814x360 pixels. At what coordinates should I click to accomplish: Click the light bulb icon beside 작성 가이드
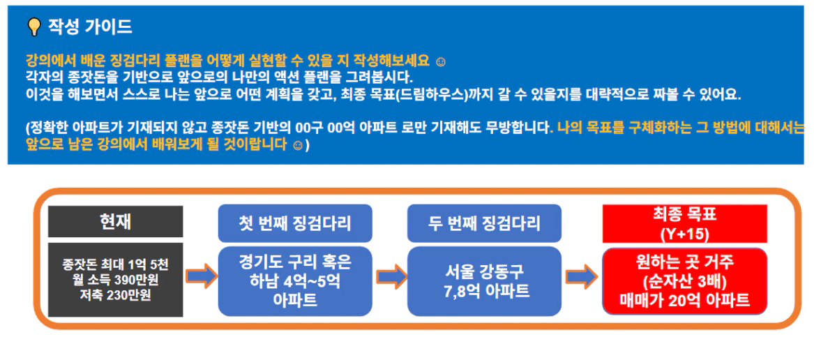(33, 27)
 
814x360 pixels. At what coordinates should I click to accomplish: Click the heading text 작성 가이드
(90, 27)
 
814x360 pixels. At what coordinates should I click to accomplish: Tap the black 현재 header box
(115, 221)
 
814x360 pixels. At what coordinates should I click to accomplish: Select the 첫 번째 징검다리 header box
(295, 223)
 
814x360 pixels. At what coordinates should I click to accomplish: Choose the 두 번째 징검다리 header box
(484, 223)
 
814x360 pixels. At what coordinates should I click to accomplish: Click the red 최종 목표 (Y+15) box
(685, 223)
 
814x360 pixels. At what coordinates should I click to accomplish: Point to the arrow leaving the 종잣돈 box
(201, 276)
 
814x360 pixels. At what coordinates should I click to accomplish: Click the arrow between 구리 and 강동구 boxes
(391, 276)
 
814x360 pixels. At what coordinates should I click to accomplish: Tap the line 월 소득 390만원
(115, 280)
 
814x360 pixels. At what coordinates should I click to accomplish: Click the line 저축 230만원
(115, 296)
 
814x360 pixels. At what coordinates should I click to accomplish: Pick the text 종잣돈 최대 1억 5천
(115, 265)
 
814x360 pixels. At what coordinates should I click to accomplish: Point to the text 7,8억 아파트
(484, 291)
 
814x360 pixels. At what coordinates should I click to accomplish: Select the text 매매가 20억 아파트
(685, 300)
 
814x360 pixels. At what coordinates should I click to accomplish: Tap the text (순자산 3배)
(685, 281)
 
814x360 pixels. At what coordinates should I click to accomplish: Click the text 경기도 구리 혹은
(295, 262)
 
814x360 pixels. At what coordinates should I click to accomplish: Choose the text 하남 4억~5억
(295, 280)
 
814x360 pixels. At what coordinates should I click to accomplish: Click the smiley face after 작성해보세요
(440, 62)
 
